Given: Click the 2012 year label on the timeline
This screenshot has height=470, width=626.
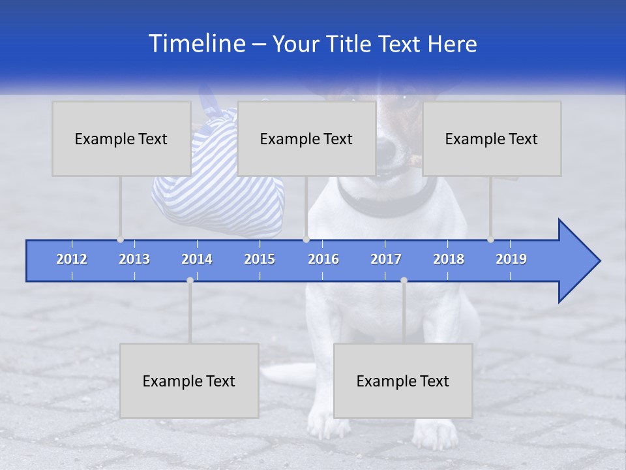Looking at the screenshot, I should (72, 259).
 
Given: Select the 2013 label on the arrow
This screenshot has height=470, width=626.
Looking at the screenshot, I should (134, 259).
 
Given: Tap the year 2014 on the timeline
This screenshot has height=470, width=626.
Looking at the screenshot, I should (197, 259).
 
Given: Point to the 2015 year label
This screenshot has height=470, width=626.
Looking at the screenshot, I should (260, 259).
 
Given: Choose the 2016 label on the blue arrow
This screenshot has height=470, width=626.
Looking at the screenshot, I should (323, 259).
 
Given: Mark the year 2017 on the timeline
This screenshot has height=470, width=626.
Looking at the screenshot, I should (386, 259).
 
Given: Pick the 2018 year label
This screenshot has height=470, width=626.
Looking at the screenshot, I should (449, 259).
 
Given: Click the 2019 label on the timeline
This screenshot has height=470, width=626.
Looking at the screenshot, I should (511, 259).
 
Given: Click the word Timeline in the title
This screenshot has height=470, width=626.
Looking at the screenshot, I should (196, 44).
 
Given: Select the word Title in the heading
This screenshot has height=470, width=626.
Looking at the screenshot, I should (351, 44).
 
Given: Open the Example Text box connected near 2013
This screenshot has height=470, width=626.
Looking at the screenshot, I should (121, 138).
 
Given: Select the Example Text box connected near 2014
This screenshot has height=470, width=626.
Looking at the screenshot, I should (189, 381).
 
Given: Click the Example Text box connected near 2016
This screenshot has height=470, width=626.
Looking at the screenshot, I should (306, 138).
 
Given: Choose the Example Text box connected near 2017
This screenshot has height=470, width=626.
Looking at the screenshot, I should (403, 381).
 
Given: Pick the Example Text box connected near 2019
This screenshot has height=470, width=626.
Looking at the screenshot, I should (492, 138).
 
